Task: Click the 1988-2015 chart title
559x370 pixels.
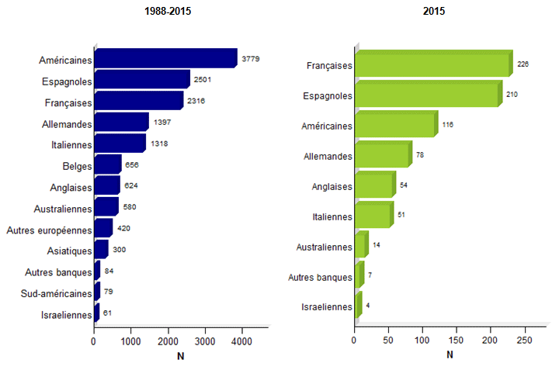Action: tap(168, 12)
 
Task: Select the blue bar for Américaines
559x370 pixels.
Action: tap(165, 59)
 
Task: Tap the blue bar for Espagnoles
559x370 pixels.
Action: tap(142, 80)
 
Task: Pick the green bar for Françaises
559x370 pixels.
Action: tap(432, 65)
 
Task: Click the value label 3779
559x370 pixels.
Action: tap(251, 58)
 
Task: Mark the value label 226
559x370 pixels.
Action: tap(523, 64)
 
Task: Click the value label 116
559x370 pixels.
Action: tap(447, 124)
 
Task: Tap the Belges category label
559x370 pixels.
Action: tap(77, 166)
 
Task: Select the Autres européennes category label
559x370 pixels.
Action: tap(49, 230)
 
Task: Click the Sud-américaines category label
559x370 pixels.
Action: tap(57, 293)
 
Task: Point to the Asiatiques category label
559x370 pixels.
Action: tap(68, 251)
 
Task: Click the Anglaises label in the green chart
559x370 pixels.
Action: tap(332, 186)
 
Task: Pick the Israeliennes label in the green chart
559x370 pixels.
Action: tap(328, 307)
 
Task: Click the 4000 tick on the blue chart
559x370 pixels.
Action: tap(241, 341)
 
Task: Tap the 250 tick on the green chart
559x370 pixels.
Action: tap(524, 341)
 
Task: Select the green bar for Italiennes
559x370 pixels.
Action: tap(373, 216)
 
